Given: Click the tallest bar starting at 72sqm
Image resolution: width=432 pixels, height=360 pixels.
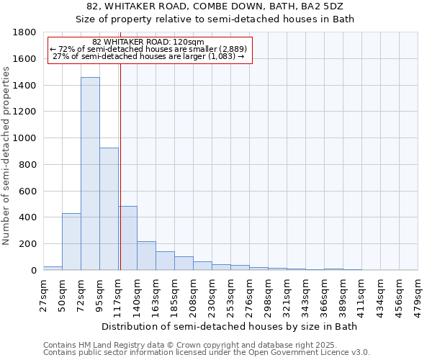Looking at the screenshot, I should click(90, 173).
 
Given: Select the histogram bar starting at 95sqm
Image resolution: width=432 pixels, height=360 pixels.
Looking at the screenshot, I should click(109, 209).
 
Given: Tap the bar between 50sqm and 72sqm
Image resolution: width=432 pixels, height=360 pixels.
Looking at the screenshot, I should click(71, 241).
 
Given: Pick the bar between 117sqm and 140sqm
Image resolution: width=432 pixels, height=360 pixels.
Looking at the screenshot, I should click(127, 238).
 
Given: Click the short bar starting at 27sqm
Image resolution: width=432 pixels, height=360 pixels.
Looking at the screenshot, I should click(53, 268).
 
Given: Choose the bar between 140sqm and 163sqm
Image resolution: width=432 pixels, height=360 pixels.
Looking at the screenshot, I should click(146, 256).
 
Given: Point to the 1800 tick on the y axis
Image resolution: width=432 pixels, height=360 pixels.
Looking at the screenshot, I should click(26, 32).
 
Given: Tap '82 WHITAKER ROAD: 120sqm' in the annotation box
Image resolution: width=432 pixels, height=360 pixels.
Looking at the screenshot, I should click(149, 42).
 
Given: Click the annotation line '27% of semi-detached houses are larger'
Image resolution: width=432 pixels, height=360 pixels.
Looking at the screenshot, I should click(149, 56).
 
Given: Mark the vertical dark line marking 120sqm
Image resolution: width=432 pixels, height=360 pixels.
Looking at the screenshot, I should click(120, 166).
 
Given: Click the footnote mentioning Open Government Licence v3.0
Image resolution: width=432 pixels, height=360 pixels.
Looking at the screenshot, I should click(207, 353).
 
